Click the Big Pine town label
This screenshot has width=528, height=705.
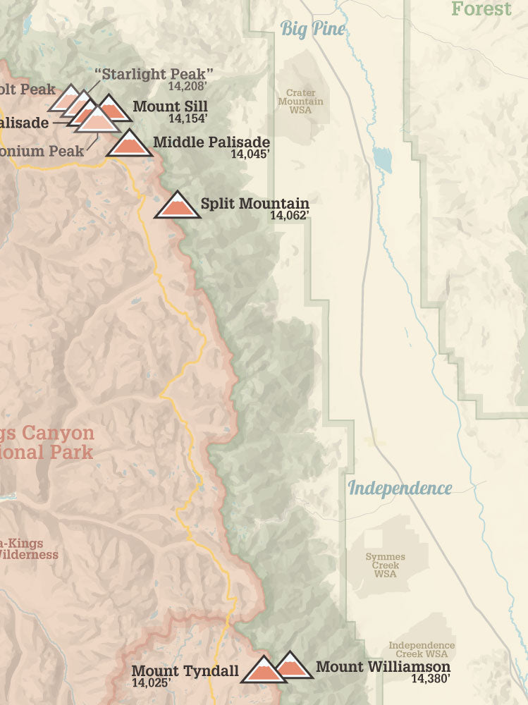coord(314,29)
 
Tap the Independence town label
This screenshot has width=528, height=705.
coord(400,488)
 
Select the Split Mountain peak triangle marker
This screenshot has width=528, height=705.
coord(177,206)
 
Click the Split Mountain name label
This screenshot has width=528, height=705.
coord(254,204)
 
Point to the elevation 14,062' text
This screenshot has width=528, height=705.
coord(289,216)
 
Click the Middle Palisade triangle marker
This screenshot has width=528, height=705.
coord(129,144)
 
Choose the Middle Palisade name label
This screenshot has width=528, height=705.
coord(211,142)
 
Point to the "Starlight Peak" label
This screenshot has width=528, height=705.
coord(153,74)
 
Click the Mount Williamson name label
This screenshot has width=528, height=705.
coord(383,666)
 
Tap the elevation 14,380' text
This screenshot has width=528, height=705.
coord(431,679)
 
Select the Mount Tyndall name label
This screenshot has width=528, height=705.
coord(185,670)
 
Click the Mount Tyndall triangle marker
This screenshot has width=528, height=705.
coord(262,671)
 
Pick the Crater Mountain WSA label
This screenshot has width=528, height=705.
coord(300,102)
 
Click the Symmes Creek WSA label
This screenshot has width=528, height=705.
coord(386,565)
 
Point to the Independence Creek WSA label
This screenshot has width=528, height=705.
coord(422,650)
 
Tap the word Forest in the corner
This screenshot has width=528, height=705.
coord(481,8)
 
